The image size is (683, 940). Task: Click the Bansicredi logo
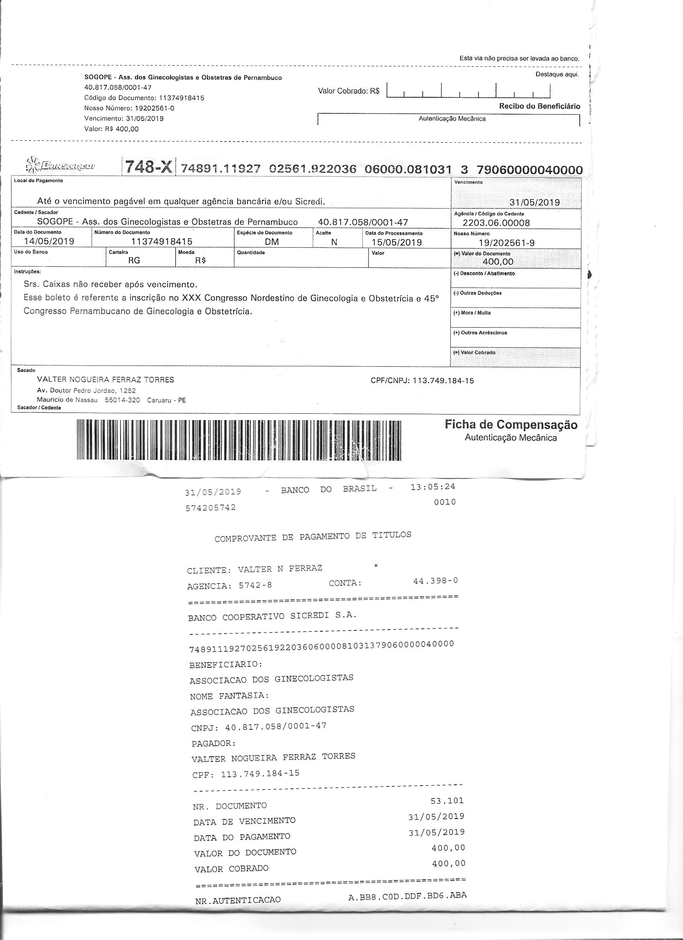(x=60, y=165)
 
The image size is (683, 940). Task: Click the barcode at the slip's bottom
(x=239, y=440)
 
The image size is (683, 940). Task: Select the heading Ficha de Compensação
(x=511, y=425)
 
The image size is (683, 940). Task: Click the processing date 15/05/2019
(x=397, y=242)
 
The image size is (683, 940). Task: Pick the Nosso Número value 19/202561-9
(x=506, y=243)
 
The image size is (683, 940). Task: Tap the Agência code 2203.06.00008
(x=496, y=223)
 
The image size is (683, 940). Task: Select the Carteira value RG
(x=134, y=261)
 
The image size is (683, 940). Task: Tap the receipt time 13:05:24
(x=433, y=487)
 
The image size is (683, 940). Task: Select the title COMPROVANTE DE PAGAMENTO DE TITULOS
(x=313, y=537)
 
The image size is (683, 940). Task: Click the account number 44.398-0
(x=436, y=581)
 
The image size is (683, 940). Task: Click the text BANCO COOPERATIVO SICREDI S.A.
(x=272, y=616)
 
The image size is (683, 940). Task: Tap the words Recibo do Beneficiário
(x=539, y=106)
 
